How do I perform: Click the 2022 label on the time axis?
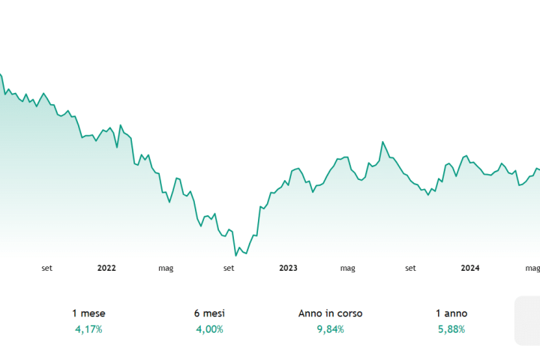click(x=106, y=268)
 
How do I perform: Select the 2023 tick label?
click(x=288, y=268)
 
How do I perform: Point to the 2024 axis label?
click(x=470, y=268)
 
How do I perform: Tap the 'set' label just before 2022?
click(x=46, y=268)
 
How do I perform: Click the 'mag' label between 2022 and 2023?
click(x=166, y=268)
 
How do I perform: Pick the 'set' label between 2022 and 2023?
click(x=228, y=268)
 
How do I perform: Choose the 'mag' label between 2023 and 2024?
click(x=347, y=268)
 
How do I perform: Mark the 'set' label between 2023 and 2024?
click(x=410, y=268)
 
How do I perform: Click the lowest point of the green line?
click(x=235, y=256)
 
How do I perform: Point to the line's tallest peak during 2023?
click(x=382, y=141)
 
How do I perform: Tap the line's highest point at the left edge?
click(x=1, y=73)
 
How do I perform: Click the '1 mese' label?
click(x=88, y=313)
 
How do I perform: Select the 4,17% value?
click(x=88, y=329)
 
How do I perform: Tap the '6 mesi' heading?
click(x=209, y=313)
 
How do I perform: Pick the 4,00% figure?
click(x=209, y=329)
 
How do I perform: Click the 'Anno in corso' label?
click(x=330, y=313)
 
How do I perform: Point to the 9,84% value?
click(x=330, y=329)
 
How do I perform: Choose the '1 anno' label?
click(x=451, y=313)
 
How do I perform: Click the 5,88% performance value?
click(x=451, y=329)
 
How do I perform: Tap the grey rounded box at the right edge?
click(x=527, y=320)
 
